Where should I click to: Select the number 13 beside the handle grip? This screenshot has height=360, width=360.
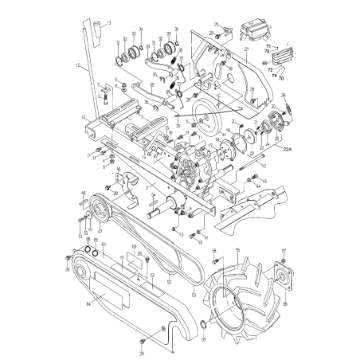(x=109, y=24)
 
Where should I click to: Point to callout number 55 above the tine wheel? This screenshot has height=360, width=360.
(x=237, y=250)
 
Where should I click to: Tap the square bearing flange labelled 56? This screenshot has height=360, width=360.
(x=284, y=281)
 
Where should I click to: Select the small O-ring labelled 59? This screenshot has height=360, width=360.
(x=205, y=325)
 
